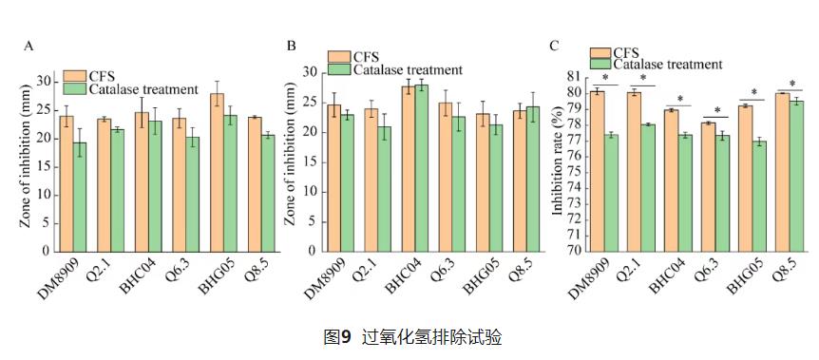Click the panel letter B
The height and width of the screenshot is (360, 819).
292,46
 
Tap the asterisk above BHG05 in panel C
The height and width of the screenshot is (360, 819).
753,93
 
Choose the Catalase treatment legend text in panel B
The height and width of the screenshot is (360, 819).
408,69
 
